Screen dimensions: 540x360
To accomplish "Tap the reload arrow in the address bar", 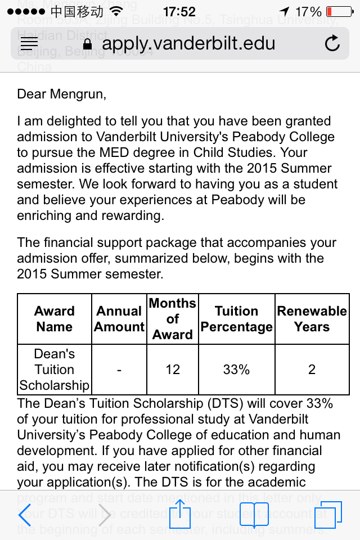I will (332, 43).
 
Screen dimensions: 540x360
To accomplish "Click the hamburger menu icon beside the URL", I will (29, 43).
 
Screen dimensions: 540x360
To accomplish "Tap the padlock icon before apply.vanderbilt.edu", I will (87, 43).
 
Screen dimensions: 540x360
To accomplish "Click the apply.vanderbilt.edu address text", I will (188, 43).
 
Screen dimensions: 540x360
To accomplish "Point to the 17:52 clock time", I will (179, 11).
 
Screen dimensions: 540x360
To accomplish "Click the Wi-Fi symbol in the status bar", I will (116, 11).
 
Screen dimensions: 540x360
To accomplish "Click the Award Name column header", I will (54, 319).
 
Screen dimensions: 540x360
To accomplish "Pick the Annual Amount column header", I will (119, 319).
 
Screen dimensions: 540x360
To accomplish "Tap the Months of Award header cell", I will (173, 319).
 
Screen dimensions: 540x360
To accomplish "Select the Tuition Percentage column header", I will (236, 319).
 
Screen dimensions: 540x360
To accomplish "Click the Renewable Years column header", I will (312, 319).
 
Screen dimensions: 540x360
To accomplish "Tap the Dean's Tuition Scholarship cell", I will (54, 370).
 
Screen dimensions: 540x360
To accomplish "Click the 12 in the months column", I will (173, 370).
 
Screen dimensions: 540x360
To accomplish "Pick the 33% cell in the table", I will (236, 370).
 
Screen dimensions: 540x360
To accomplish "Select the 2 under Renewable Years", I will (312, 370).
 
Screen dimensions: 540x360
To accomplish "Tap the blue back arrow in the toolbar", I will (25, 515).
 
